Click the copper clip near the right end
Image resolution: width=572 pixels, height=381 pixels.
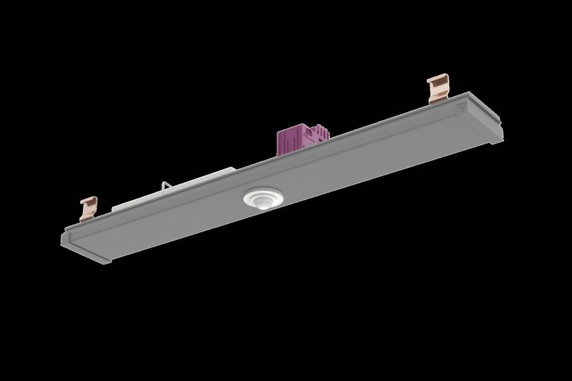coord(438,88)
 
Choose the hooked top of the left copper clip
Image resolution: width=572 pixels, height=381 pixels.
coord(89,201)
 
